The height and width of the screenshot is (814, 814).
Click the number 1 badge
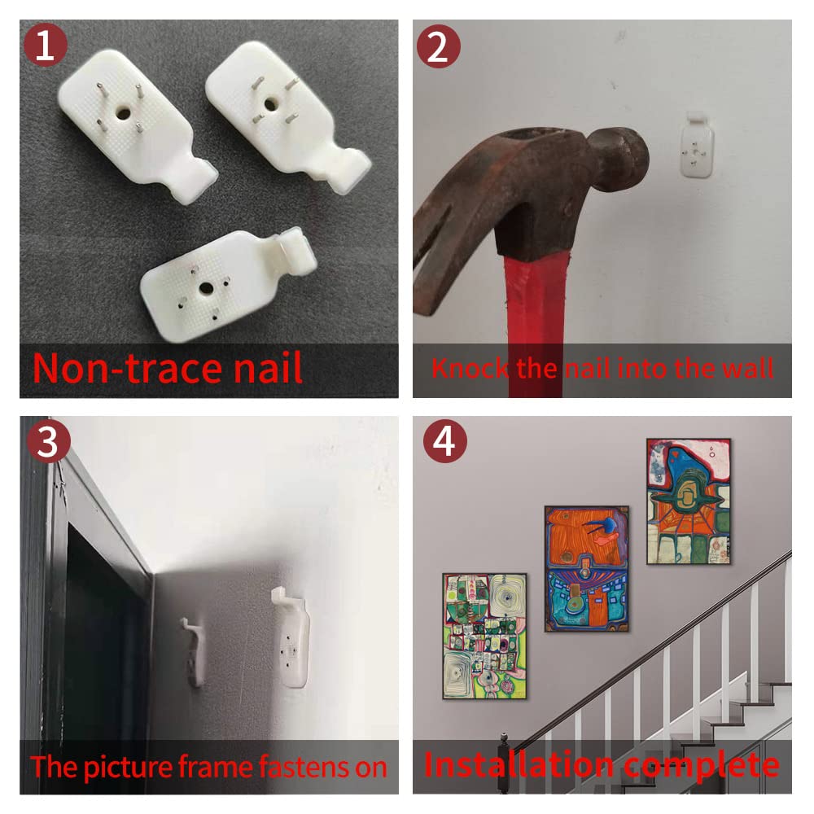point(45,45)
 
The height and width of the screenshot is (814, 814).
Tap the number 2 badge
point(439,46)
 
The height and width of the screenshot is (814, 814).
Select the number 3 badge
point(48,441)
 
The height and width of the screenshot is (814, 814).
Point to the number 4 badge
point(445,441)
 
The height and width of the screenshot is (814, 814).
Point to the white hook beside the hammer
point(697,145)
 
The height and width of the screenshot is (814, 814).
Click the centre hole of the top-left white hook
point(123,112)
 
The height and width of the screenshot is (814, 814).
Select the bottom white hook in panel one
point(229,284)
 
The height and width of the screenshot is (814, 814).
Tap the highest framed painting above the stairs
point(689,501)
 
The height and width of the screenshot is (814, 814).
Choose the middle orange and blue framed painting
point(587,569)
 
